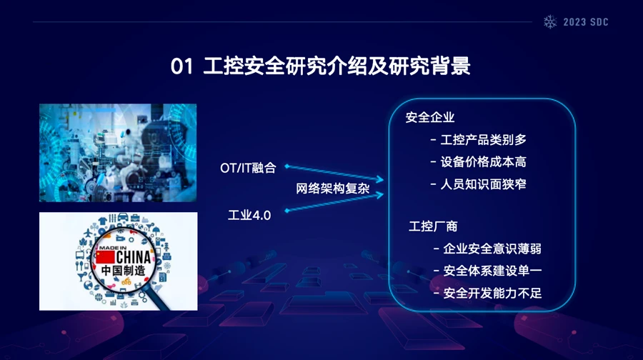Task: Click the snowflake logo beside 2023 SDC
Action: [x=550, y=21]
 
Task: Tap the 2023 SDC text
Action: [x=586, y=22]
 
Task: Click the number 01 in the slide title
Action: [x=181, y=66]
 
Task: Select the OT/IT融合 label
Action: [x=248, y=168]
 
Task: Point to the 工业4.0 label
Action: [x=249, y=215]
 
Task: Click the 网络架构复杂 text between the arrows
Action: [x=332, y=189]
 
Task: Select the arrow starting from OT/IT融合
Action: [x=334, y=173]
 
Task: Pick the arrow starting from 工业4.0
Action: [x=334, y=203]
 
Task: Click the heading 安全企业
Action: [x=430, y=117]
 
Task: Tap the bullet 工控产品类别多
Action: [x=478, y=140]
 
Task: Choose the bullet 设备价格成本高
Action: [x=478, y=162]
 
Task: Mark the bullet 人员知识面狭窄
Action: [x=478, y=184]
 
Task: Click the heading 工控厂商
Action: [x=433, y=226]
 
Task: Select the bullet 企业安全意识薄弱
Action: [x=487, y=249]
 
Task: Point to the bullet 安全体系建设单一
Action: [x=487, y=271]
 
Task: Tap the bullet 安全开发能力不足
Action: [x=487, y=293]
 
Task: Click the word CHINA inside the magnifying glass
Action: [x=134, y=257]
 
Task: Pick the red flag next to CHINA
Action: [x=105, y=257]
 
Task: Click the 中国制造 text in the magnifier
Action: [x=123, y=271]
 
